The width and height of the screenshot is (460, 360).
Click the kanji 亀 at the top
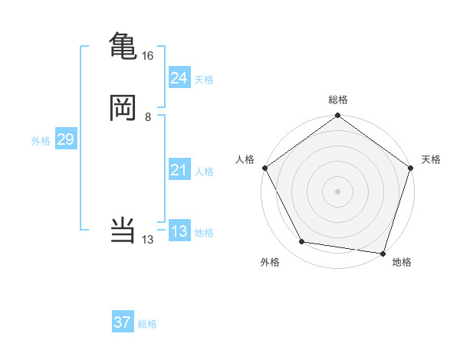tap(123, 44)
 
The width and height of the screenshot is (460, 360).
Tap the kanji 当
tap(123, 230)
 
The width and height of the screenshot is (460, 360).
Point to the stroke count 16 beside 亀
tap(148, 56)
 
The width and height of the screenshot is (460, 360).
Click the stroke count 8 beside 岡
tap(148, 117)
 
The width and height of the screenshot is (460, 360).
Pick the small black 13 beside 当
tap(148, 240)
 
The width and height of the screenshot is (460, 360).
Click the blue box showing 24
tap(179, 77)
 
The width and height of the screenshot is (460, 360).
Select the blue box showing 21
tap(179, 170)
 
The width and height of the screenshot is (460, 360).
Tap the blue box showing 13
tap(179, 231)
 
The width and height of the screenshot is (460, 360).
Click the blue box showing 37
tap(123, 322)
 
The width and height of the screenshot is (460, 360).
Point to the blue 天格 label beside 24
tap(204, 80)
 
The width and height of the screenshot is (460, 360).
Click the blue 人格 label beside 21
tap(204, 172)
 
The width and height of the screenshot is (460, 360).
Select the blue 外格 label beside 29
tap(41, 141)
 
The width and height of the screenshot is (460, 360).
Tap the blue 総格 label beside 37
tap(147, 325)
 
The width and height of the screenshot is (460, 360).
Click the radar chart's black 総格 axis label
tap(338, 100)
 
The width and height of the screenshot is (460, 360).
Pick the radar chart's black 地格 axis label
tap(402, 263)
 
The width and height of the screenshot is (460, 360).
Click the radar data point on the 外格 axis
tap(302, 243)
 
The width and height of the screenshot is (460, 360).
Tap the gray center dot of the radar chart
tap(338, 191)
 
